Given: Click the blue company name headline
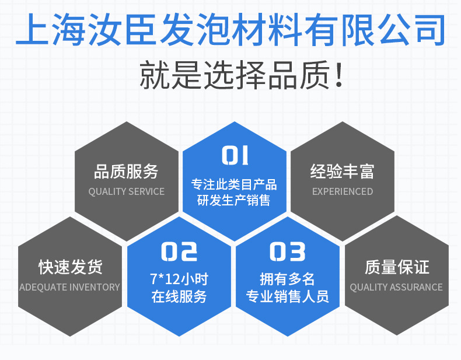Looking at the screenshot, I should [230, 29].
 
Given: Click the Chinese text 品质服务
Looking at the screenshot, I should [126, 172].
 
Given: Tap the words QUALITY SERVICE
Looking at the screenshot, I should [126, 191].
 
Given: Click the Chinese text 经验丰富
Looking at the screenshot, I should [342, 172].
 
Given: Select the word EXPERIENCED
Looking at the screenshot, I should [342, 191].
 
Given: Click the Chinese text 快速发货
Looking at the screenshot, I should [70, 267].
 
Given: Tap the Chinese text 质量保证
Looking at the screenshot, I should [397, 267].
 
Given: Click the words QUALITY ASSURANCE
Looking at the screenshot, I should [396, 287].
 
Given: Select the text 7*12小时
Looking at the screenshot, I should [179, 278].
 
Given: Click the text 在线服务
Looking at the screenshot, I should [179, 296].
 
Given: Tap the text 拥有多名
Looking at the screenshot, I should [288, 278].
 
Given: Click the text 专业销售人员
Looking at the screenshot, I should [288, 296].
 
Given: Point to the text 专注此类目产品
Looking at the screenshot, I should [234, 185].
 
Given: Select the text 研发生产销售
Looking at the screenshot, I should [234, 201].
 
